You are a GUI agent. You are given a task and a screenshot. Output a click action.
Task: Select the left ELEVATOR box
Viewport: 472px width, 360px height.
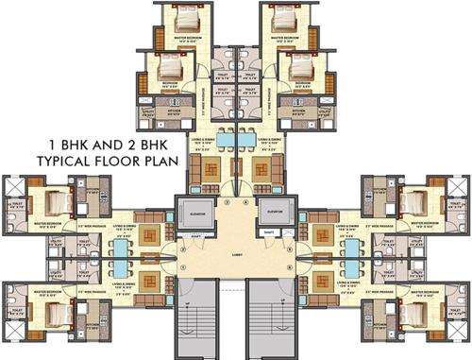coord(195,214)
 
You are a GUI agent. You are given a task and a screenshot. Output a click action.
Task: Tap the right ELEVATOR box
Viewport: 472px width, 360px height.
coord(277,214)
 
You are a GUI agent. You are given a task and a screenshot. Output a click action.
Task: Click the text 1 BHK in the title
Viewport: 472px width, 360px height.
coord(49,145)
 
